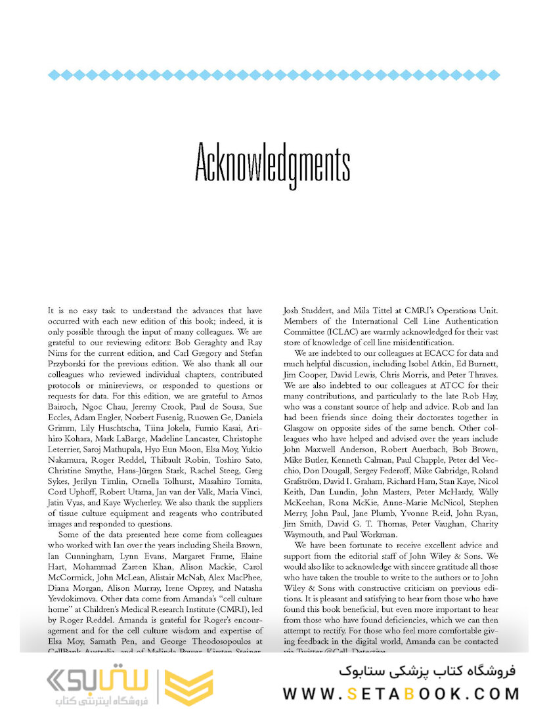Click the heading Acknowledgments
point(273,167)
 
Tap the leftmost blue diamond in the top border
point(52,75)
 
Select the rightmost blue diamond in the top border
point(495,75)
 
